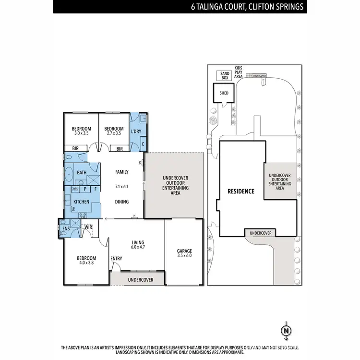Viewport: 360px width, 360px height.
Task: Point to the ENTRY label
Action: coord(116,259)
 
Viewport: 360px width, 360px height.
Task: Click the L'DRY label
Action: coord(136,131)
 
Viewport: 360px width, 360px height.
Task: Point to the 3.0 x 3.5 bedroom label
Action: coord(82,131)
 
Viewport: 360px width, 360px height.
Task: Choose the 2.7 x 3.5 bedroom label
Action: coord(114,131)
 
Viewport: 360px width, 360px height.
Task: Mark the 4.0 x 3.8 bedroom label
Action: coord(86,261)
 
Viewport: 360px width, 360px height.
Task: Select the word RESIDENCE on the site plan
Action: coord(241,191)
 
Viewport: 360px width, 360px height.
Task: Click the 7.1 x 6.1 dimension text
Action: coord(122,186)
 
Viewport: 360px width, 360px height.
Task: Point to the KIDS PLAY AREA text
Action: coord(239,72)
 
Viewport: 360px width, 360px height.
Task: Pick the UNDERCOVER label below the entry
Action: coord(141,279)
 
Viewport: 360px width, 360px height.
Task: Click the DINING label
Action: coord(122,202)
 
